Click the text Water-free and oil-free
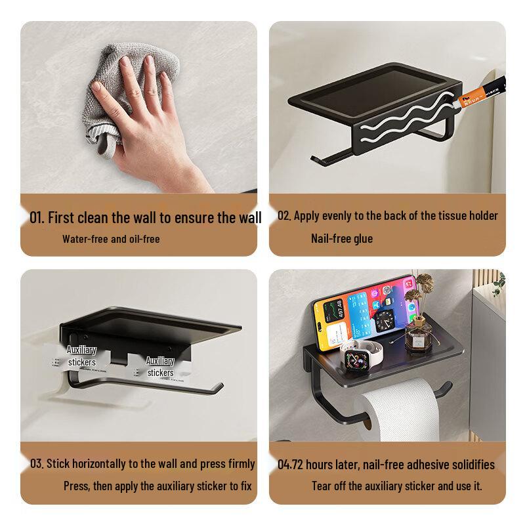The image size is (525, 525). (x=111, y=239)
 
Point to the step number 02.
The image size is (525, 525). (x=283, y=216)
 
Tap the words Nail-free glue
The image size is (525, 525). (x=341, y=238)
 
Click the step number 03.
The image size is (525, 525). (x=37, y=464)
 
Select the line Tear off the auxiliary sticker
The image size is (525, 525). (x=396, y=486)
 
